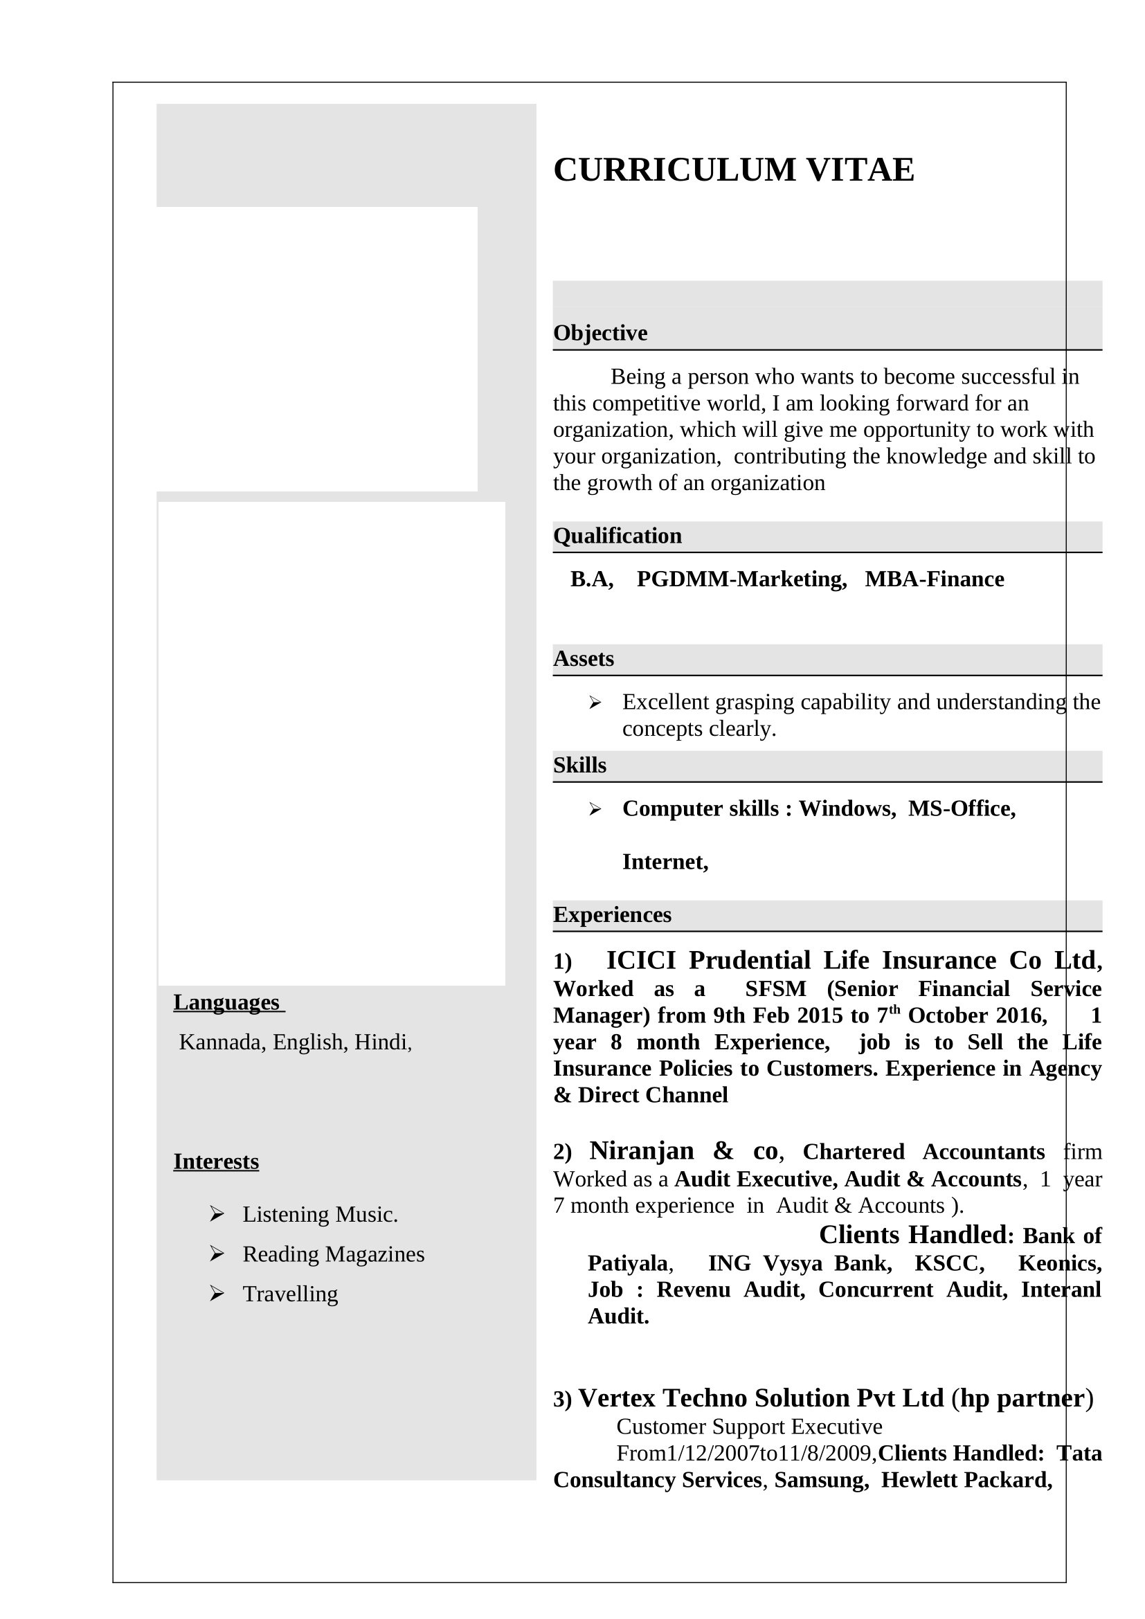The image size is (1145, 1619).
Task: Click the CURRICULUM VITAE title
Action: pyautogui.click(x=733, y=170)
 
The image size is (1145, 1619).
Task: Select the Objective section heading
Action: pyautogui.click(x=599, y=333)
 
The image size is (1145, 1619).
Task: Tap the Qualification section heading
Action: pyautogui.click(x=617, y=536)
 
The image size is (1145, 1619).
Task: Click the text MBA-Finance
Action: pyautogui.click(x=934, y=579)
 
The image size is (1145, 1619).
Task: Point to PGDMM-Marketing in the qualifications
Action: pyautogui.click(x=741, y=579)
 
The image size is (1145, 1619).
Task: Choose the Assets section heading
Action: pyautogui.click(x=583, y=658)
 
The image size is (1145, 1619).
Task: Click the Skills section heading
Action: pyautogui.click(x=579, y=765)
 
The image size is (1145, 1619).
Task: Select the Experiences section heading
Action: pyautogui.click(x=612, y=914)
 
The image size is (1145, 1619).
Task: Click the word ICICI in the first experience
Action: pyautogui.click(x=641, y=961)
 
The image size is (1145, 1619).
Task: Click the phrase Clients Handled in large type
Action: pyautogui.click(x=913, y=1235)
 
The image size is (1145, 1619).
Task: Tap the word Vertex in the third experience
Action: pyautogui.click(x=617, y=1398)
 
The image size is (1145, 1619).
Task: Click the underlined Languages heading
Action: pyautogui.click(x=226, y=1002)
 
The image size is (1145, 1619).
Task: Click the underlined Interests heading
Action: pyautogui.click(x=216, y=1161)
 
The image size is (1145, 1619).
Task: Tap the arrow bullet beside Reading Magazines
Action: pyautogui.click(x=217, y=1254)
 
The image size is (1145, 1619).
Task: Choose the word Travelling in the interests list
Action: pyautogui.click(x=290, y=1294)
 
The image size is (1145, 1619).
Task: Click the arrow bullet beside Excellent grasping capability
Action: pyautogui.click(x=595, y=703)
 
